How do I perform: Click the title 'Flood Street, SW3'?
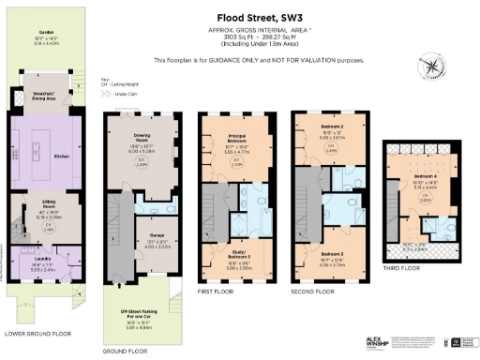click(x=240, y=16)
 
